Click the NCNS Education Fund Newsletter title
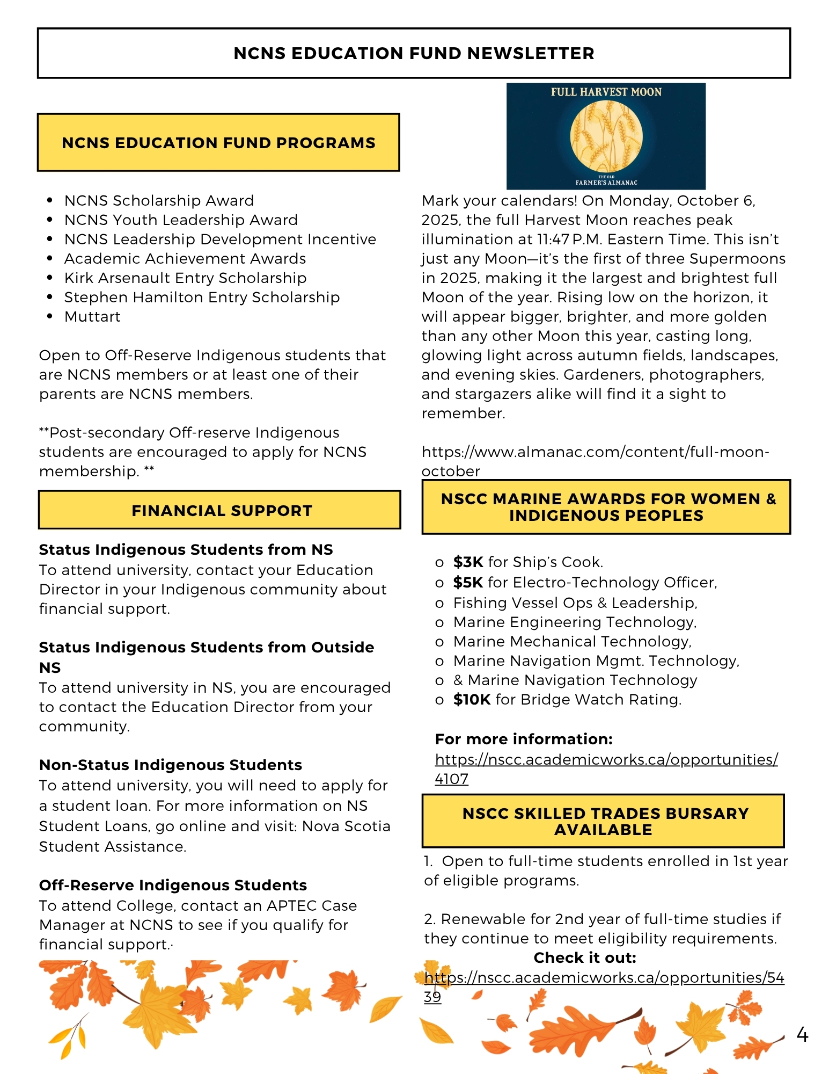414,53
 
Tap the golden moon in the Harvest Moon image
606,136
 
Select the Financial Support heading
222,510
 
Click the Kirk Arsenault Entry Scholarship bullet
185,278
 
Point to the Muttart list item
92,316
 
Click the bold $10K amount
472,699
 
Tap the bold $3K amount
468,562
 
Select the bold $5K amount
468,582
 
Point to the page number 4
802,1034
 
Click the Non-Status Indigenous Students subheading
170,765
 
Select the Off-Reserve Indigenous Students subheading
173,885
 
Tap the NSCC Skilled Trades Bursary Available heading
605,821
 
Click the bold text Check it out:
584,957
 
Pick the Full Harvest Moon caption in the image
606,92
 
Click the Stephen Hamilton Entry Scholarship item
202,297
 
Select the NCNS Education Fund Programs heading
218,142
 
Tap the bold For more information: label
523,739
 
